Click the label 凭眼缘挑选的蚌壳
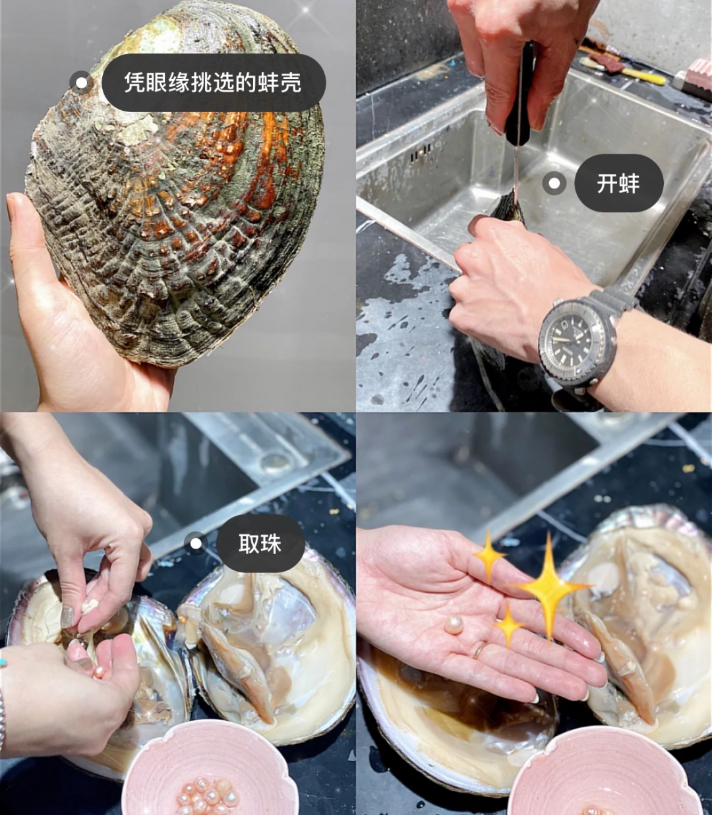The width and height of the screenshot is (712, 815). pos(214,82)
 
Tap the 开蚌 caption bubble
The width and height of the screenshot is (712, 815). pos(618,183)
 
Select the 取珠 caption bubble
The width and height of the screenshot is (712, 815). pos(260,543)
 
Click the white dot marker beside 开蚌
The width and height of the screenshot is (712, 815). pos(554,183)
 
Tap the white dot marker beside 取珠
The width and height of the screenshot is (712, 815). pos(196,543)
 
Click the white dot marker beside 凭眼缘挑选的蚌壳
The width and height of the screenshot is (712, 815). pos(81,83)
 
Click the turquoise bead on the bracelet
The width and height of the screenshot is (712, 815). pos(3,663)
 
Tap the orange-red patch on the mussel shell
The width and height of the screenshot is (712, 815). pos(239,152)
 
